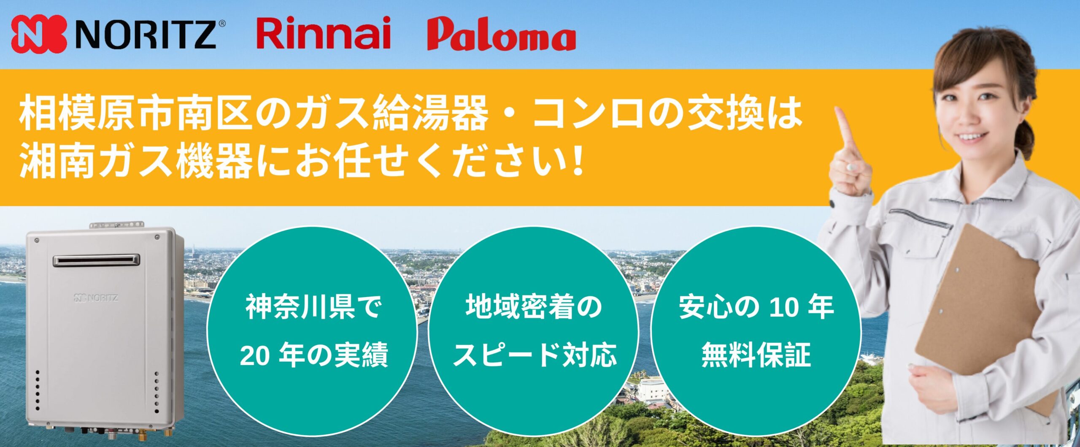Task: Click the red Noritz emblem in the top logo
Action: click(39, 34)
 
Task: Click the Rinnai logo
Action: click(323, 33)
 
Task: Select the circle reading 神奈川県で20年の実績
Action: click(312, 332)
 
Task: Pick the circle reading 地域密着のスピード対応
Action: click(533, 332)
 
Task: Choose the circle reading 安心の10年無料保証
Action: click(756, 332)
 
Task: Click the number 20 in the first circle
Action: click(254, 355)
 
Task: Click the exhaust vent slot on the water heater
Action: click(96, 260)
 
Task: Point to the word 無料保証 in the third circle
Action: click(756, 355)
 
